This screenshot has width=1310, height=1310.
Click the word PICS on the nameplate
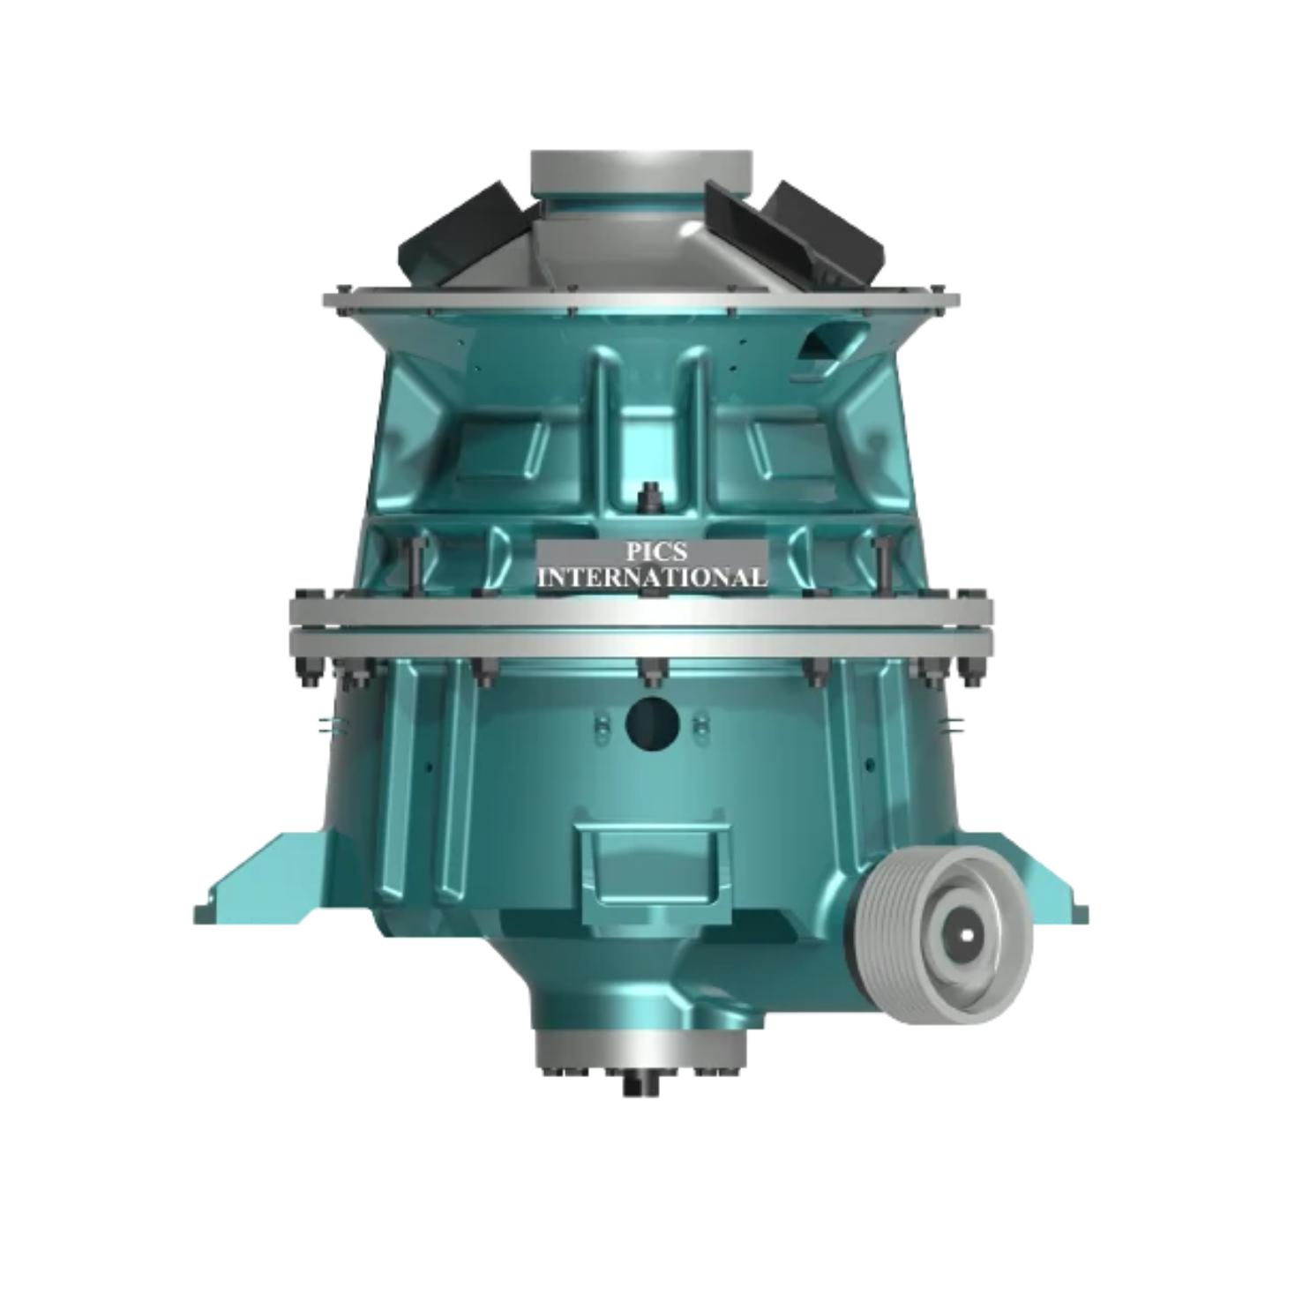click(x=652, y=552)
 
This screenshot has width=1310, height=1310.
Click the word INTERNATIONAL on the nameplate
click(x=652, y=578)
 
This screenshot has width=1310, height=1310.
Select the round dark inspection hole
click(x=652, y=722)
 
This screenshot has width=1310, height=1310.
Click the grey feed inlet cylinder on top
click(x=641, y=175)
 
